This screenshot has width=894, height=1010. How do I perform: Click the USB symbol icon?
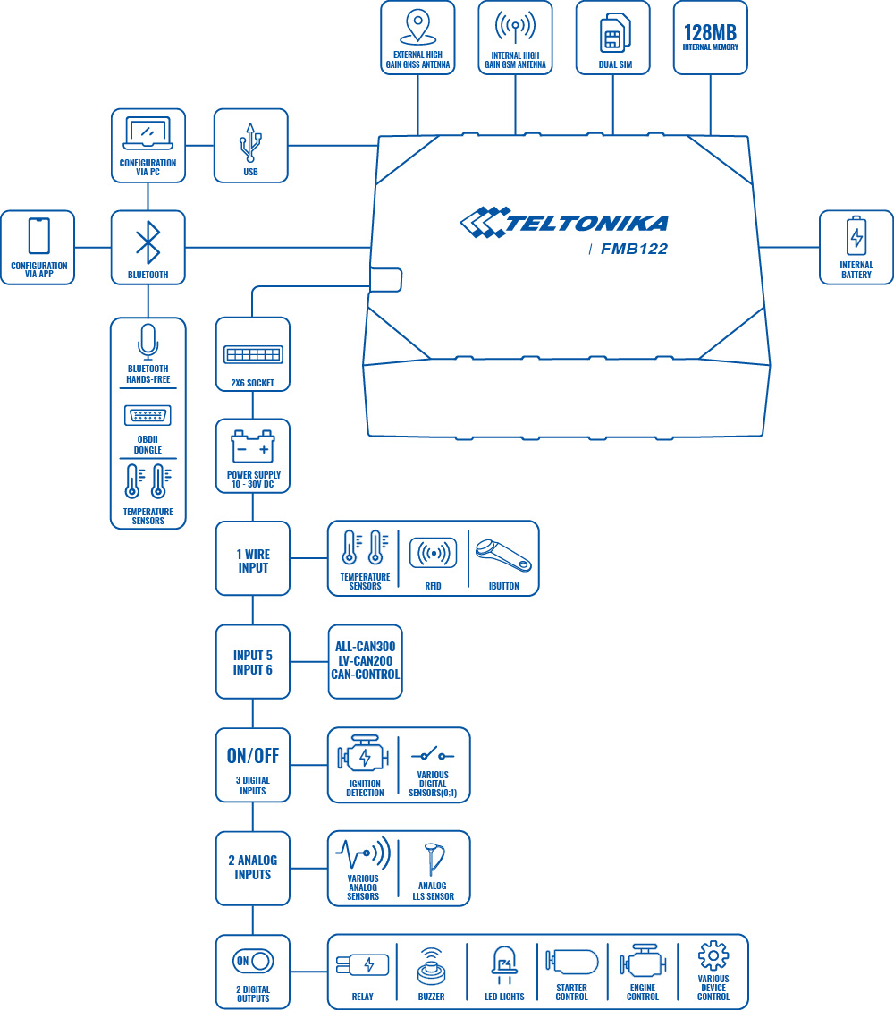pos(250,140)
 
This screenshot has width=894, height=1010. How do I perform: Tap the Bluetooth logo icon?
pos(148,242)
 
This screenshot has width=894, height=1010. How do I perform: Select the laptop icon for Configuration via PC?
pos(148,134)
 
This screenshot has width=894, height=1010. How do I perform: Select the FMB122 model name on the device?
pos(635,249)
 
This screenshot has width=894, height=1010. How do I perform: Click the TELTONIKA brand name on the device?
pos(586,223)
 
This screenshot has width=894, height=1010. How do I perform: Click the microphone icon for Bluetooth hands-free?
pos(148,341)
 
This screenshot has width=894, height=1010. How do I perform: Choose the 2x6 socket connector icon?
pos(253,354)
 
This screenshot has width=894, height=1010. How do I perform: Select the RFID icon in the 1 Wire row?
pos(434,553)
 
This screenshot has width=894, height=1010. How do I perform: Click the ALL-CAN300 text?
pos(365,646)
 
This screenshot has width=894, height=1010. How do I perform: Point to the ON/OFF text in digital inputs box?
pos(253,756)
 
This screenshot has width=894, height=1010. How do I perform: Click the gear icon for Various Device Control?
pos(713,955)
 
